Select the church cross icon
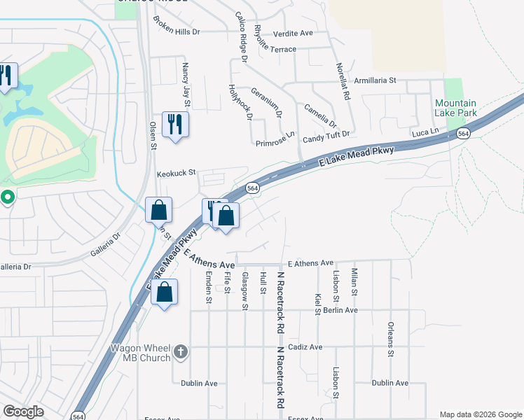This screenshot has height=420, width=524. click(x=181, y=352)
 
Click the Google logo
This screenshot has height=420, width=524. click(x=24, y=412)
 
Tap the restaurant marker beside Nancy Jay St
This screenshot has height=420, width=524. click(x=174, y=125)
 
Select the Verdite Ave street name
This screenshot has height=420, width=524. click(x=293, y=33)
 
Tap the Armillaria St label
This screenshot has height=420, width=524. click(x=375, y=80)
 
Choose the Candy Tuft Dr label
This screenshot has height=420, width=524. click(x=326, y=133)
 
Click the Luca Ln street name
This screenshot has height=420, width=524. click(x=425, y=132)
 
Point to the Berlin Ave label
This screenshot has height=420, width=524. click(x=341, y=310)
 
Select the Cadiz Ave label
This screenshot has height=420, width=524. click(x=305, y=346)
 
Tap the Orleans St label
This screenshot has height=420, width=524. click(x=391, y=339)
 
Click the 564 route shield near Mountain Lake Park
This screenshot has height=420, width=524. click(x=462, y=133)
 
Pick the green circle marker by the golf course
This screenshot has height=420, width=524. click(x=8, y=198)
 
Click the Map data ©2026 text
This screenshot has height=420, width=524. click(x=480, y=414)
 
